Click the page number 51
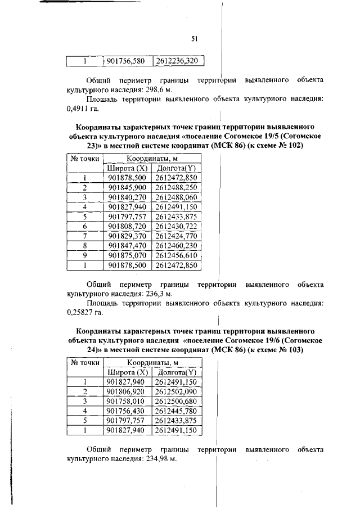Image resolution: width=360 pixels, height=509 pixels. point(195,39)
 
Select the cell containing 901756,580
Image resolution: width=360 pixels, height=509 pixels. point(127,61)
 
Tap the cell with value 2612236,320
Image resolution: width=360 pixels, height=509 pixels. point(177,61)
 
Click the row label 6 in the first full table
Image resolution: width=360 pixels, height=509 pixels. point(84,226)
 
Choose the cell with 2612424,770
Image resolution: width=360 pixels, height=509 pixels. point(177,235)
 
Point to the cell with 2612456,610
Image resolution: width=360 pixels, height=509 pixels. point(177,255)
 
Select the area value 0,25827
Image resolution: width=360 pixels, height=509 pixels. point(80,313)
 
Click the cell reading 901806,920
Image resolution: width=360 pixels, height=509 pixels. point(127,391)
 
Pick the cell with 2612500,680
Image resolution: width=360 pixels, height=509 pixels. point(177,401)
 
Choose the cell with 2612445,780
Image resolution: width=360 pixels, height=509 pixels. point(177,411)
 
